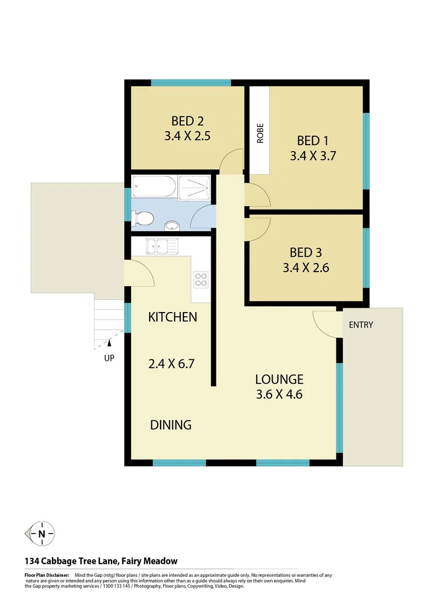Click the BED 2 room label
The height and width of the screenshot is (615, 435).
coord(187,121)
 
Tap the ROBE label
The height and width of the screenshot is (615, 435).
coord(260,133)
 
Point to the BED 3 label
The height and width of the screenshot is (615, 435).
coord(305,252)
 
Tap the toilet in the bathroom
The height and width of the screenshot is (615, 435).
coord(142,218)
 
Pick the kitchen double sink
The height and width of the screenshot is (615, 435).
coord(162,247)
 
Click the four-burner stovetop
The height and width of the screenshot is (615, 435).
coord(202,279)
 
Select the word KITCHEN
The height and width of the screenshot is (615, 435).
coord(173,317)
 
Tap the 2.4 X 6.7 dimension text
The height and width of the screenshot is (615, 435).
coord(172,363)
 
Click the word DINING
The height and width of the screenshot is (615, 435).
coord(171,424)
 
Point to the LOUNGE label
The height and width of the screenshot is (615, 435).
coord(279,379)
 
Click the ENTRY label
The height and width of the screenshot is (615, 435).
coord(361,325)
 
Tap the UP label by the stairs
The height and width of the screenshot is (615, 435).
coord(109,359)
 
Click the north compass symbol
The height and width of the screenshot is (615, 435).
coord(41,534)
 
